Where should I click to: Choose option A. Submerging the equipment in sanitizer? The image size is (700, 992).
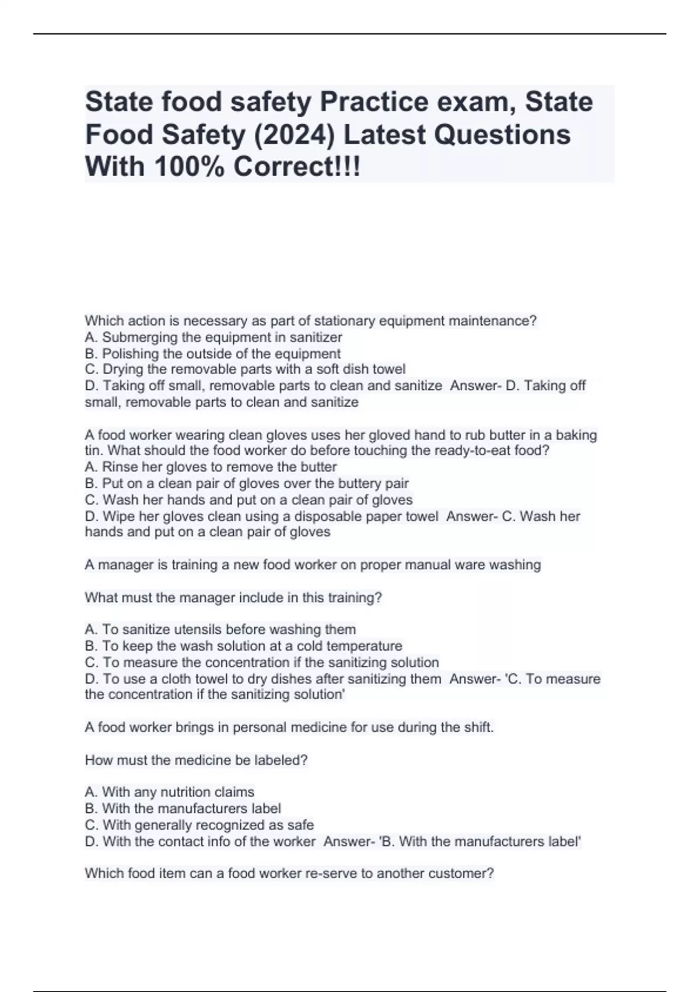[x=213, y=337]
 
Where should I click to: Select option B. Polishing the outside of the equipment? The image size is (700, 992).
[x=213, y=354]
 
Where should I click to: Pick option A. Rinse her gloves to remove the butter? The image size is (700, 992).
[x=211, y=467]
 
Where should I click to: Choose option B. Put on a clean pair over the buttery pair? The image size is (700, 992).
[x=247, y=483]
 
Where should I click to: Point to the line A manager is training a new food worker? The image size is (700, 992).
[x=313, y=565]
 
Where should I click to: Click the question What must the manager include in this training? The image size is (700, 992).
[x=233, y=598]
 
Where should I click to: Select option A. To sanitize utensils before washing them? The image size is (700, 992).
[x=220, y=630]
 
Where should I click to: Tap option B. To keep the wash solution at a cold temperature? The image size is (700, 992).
[x=243, y=646]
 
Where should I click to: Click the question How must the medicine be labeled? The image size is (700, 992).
[x=196, y=760]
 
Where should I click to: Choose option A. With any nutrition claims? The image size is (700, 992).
[x=170, y=792]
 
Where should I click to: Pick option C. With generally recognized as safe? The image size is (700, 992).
[x=199, y=825]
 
